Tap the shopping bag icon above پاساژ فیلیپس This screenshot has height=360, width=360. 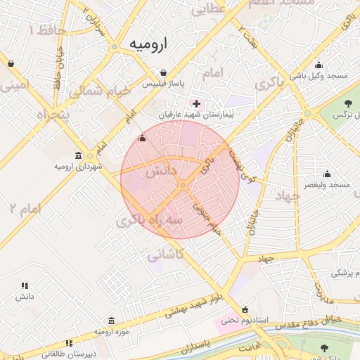[x=163, y=72]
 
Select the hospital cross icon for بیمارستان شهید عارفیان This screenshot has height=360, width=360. [x=196, y=103]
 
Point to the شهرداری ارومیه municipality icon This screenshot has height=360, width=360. [x=78, y=155]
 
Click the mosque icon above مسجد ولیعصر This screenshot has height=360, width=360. [x=327, y=174]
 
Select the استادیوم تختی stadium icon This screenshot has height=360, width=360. [x=244, y=309]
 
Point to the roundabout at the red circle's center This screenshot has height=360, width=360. [x=182, y=185]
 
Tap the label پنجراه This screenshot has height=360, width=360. [x=44, y=115]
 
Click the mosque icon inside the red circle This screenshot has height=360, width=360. [x=143, y=139]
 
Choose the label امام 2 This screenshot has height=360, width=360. [x=25, y=209]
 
